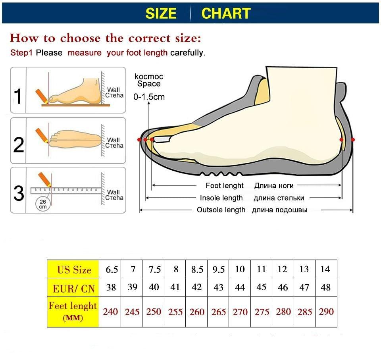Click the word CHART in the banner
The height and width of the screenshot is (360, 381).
click(226, 13)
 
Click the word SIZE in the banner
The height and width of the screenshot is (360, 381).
click(161, 13)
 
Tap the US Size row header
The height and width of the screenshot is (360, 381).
click(74, 270)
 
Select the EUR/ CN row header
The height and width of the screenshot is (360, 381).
click(74, 288)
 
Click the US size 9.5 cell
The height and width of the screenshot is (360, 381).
click(218, 270)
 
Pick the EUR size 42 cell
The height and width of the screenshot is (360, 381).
click(197, 287)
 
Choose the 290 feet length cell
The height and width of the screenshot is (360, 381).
click(326, 312)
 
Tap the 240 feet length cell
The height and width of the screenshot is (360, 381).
click(110, 312)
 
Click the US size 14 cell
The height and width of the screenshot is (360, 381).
click(325, 270)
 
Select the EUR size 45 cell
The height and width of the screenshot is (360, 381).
click(261, 287)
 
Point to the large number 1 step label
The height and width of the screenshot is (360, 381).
click(18, 96)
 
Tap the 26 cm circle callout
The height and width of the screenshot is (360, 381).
click(43, 204)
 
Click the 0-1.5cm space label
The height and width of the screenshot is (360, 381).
click(149, 96)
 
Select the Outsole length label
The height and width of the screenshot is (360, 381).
click(221, 210)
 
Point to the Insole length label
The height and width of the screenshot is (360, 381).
click(221, 198)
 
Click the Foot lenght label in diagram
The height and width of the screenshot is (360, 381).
click(225, 186)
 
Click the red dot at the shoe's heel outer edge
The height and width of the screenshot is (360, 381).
click(353, 140)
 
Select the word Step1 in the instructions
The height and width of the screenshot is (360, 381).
click(21, 53)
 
